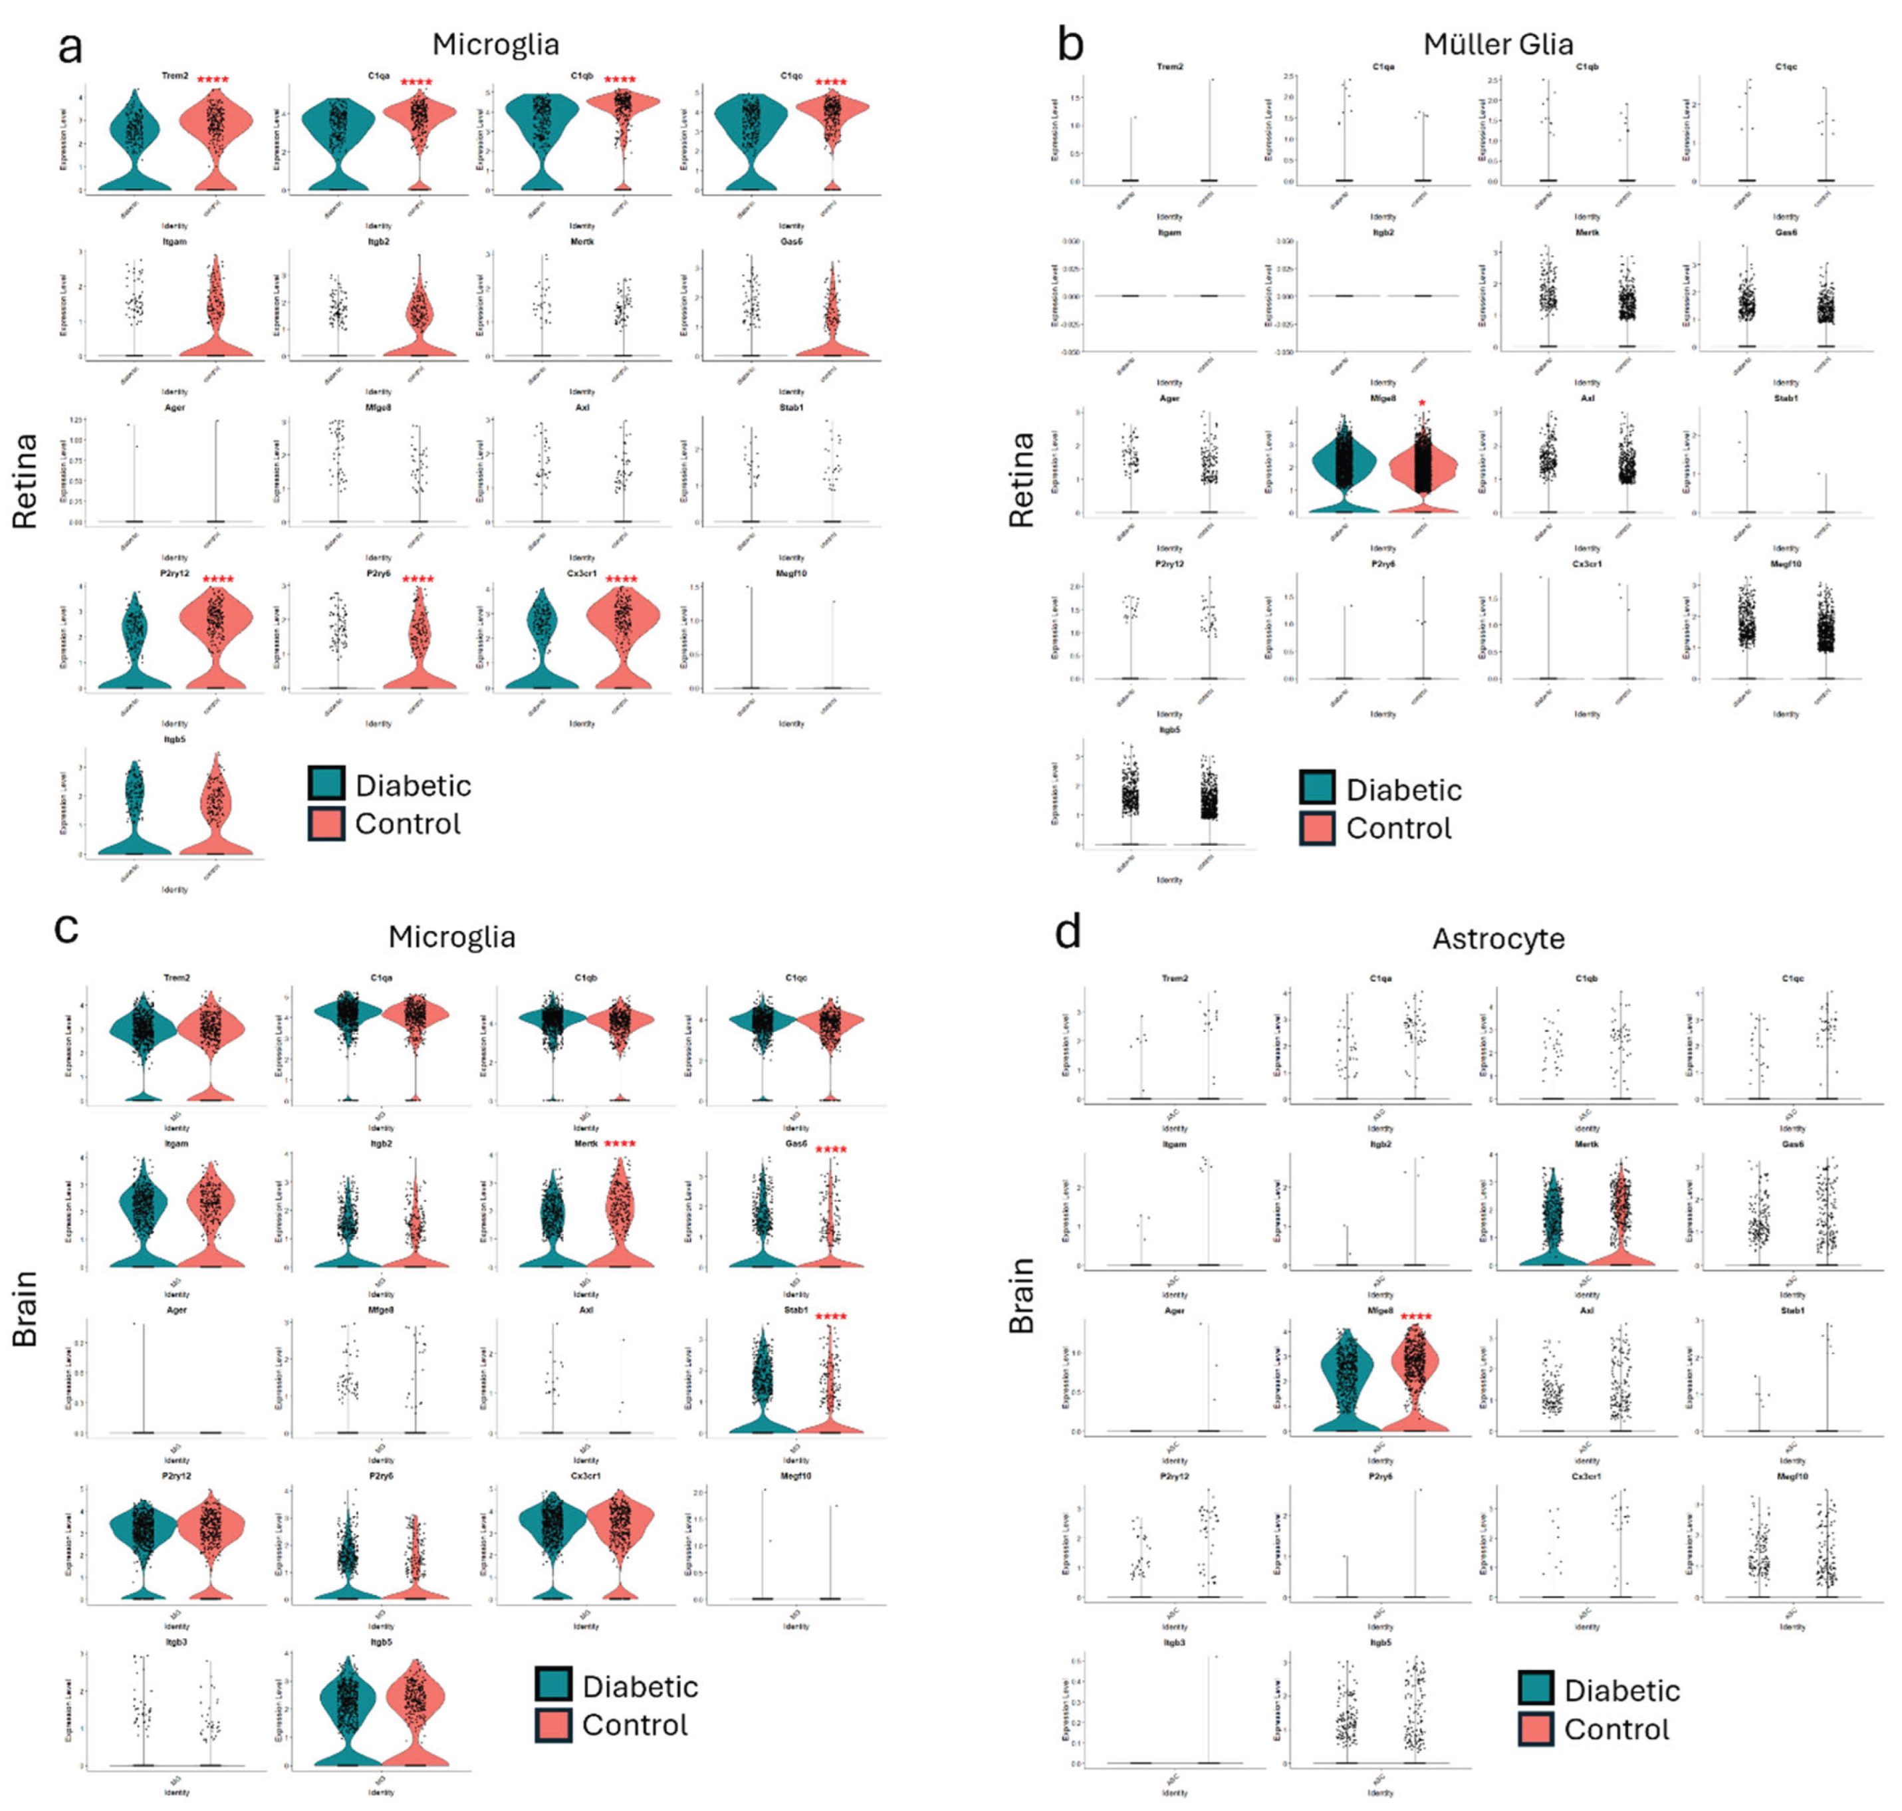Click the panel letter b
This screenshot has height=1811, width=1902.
pos(1070,45)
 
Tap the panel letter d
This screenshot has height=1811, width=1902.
pos(1067,933)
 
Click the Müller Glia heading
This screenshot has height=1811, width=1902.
pos(1497,45)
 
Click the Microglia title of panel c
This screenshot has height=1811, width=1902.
pos(452,936)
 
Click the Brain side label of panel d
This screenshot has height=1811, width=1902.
pos(1022,1296)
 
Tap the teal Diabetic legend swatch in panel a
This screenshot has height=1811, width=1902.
pos(326,783)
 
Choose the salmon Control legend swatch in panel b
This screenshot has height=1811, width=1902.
pos(1317,827)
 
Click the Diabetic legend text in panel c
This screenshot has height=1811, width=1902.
pos(640,1687)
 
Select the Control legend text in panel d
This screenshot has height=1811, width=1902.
pos(1616,1729)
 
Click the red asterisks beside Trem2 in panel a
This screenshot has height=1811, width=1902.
pos(213,79)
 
